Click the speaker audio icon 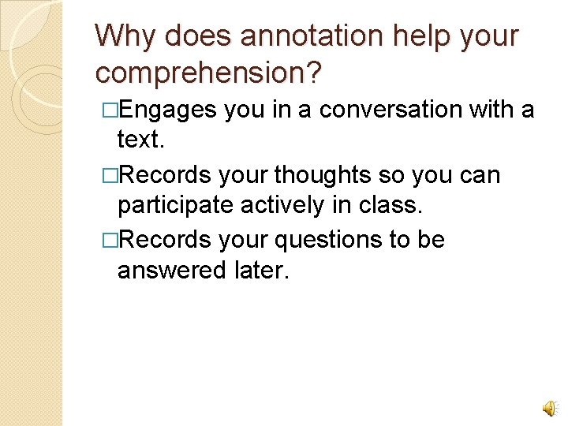pyautogui.click(x=548, y=406)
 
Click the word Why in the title pyautogui.click(x=122, y=36)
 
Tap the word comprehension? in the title pyautogui.click(x=208, y=72)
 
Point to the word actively pyautogui.click(x=286, y=205)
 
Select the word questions pyautogui.click(x=316, y=239)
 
